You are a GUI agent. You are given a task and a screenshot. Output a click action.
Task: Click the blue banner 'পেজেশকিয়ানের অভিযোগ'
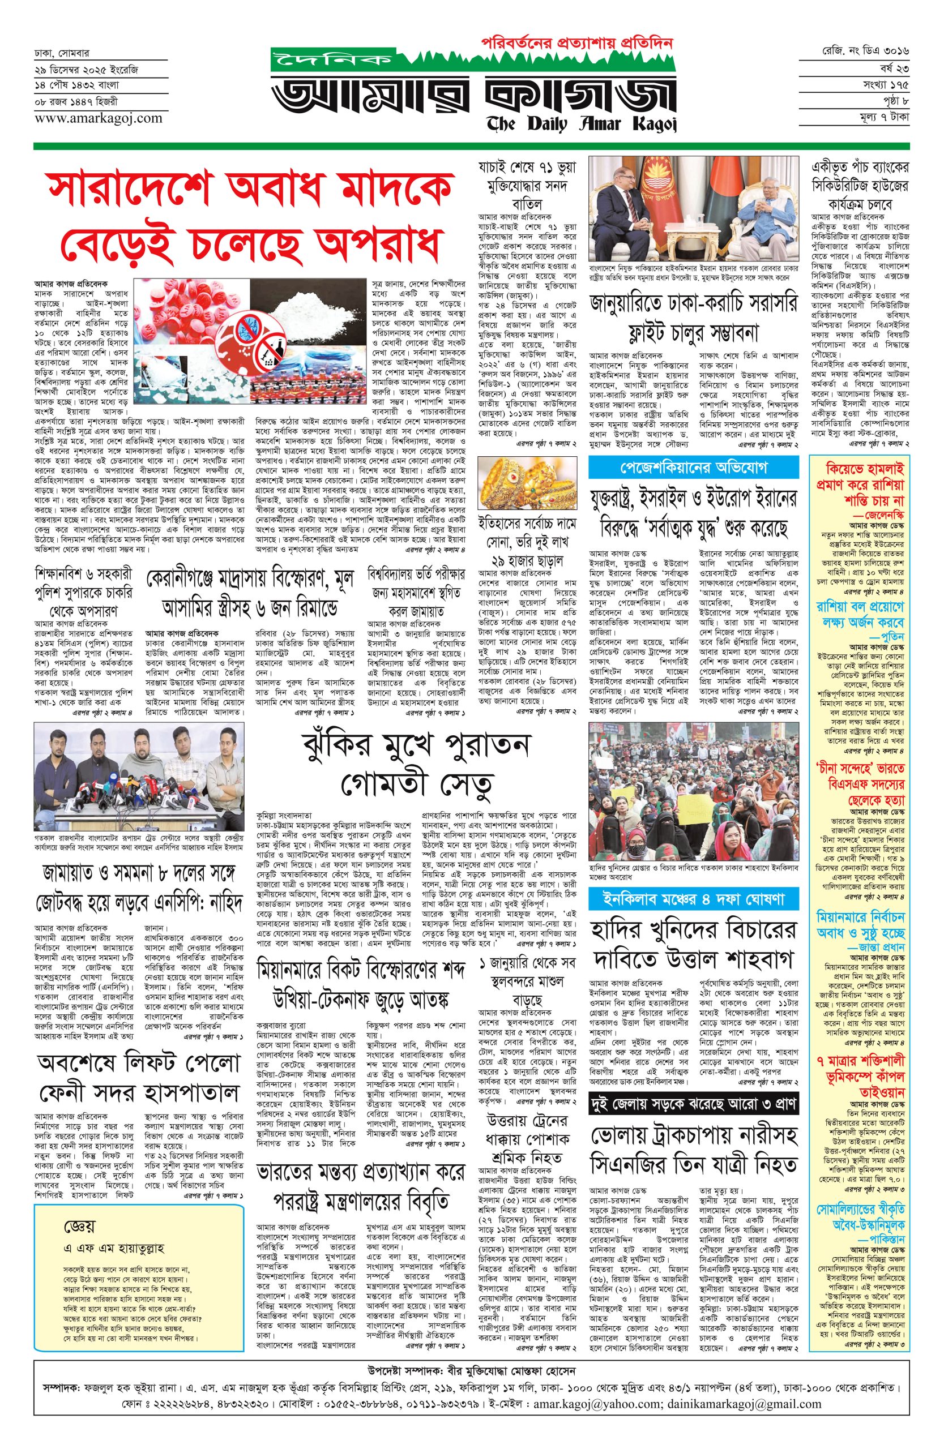pos(693,469)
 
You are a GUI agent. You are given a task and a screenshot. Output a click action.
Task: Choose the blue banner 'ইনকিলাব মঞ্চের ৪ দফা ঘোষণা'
pos(693,897)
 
